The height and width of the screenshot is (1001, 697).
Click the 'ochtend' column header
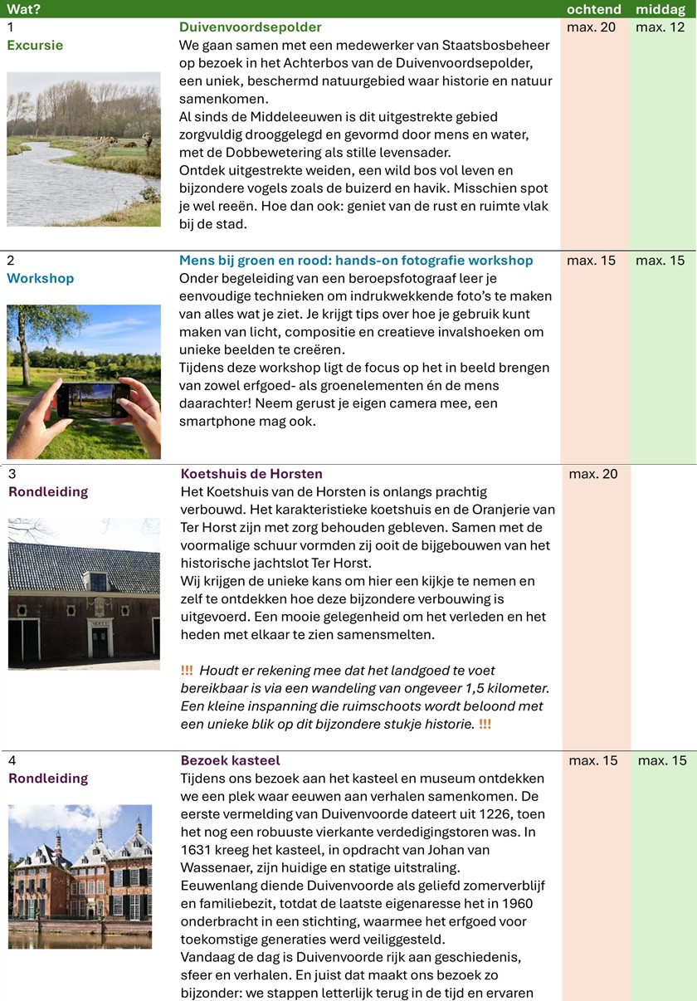click(x=593, y=9)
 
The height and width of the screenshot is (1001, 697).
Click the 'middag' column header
click(x=660, y=9)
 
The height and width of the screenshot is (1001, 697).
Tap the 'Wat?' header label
click(x=24, y=9)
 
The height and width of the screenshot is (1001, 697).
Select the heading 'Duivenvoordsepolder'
click(x=251, y=27)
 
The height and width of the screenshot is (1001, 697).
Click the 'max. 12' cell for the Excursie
click(x=660, y=27)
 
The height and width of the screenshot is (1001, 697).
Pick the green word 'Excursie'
click(x=35, y=45)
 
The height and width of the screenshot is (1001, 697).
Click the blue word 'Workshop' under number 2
click(x=41, y=278)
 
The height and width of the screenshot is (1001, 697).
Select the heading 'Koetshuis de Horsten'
click(x=251, y=474)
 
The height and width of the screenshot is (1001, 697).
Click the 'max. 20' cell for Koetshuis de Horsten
click(x=593, y=474)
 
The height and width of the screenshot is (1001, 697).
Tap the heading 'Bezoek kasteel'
click(x=230, y=760)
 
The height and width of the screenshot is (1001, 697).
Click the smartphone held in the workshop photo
click(x=94, y=399)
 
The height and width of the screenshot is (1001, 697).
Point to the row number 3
click(x=12, y=474)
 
